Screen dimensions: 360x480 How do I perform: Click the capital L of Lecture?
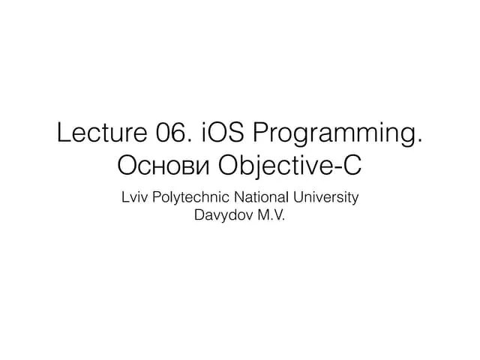pos(63,134)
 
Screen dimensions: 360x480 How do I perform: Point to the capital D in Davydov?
pos(199,217)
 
